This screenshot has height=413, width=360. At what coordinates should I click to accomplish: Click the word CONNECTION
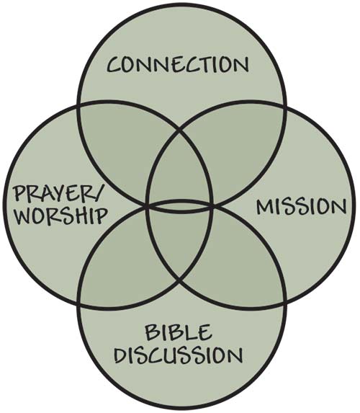point(178,64)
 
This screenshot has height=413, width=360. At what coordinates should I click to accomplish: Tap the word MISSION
point(301,206)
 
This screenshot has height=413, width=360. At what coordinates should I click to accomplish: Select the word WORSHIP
point(61,216)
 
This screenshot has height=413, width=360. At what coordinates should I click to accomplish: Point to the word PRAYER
point(52,194)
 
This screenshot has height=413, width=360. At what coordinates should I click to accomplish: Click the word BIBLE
point(179,332)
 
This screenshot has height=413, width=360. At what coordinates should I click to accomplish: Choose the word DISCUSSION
point(179,355)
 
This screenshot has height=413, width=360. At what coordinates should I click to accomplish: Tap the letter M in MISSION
point(265,206)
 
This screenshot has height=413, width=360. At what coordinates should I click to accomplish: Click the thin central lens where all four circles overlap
point(179,206)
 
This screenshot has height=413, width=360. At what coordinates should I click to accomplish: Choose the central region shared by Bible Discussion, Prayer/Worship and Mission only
point(179,242)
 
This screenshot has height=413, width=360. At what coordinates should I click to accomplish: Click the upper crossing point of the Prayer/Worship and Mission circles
point(180,130)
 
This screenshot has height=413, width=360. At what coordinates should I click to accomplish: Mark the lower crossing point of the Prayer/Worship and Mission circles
point(180,282)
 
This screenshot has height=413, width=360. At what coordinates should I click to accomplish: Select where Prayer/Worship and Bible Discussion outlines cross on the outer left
point(78,304)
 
